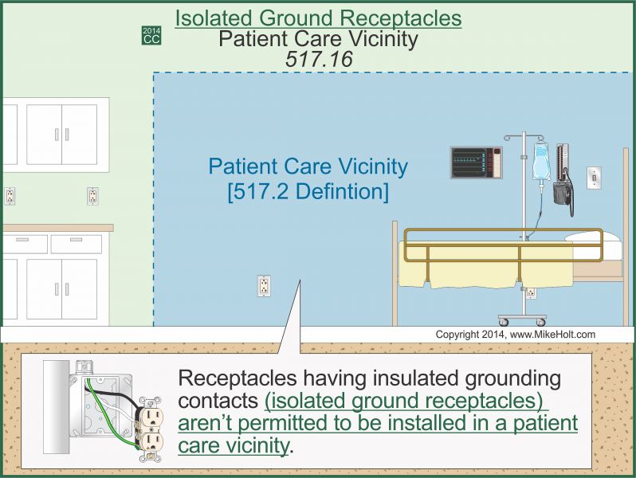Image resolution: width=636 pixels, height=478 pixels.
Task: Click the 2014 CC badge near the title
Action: [x=151, y=35]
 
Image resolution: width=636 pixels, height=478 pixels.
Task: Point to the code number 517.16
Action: [x=318, y=58]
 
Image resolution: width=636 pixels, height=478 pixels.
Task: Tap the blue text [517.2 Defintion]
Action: [x=308, y=192]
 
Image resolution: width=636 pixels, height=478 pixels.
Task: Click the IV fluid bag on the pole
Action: [x=541, y=163]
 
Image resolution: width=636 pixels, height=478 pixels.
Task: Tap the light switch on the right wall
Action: [x=593, y=178]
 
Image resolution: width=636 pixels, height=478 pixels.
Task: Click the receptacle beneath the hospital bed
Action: [x=531, y=292]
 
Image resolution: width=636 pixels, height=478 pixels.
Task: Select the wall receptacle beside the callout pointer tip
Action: [x=264, y=286]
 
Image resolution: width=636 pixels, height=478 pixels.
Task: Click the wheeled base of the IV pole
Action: [x=523, y=319]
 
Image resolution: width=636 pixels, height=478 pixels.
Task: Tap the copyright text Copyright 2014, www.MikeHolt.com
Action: [x=515, y=335]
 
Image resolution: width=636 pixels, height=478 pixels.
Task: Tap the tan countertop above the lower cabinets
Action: [x=56, y=228]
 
